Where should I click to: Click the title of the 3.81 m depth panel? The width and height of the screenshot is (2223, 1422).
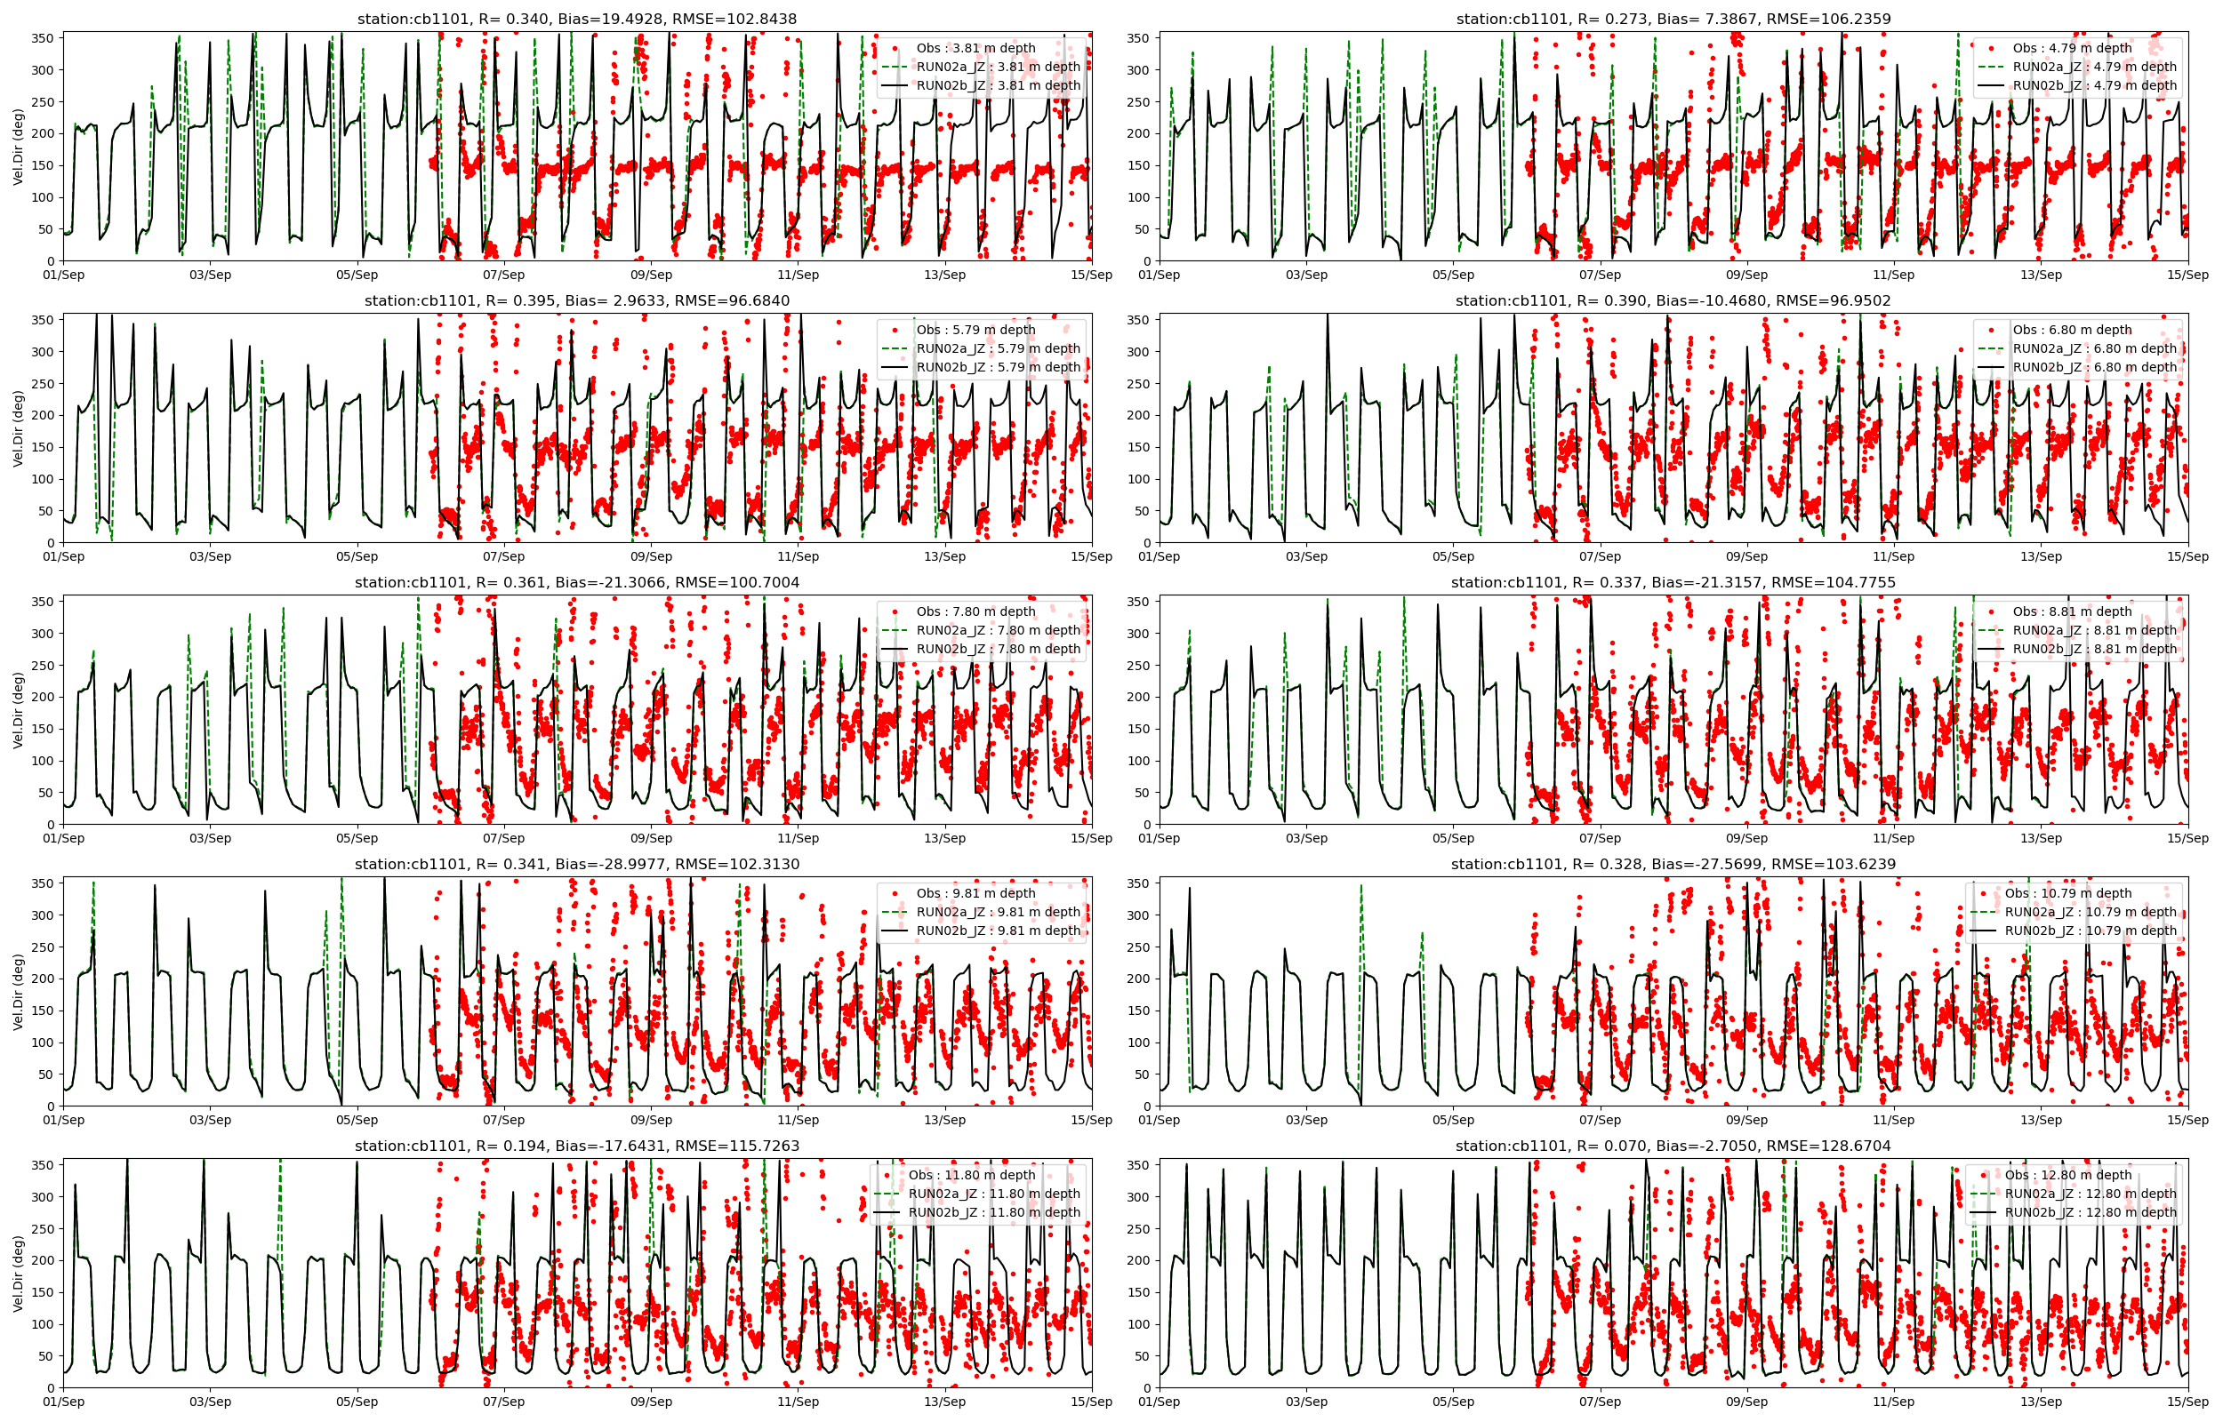point(576,19)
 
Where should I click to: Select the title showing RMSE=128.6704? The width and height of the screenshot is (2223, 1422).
point(1673,1146)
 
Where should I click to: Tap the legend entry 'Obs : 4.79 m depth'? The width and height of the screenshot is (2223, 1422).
point(2073,48)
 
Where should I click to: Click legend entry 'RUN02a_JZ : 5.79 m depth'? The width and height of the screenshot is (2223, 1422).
point(998,348)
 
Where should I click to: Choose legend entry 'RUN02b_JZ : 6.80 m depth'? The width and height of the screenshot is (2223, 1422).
point(2094,366)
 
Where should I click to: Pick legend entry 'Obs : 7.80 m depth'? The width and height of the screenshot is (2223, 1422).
point(975,611)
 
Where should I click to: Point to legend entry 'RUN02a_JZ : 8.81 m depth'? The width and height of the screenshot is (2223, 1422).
point(2094,630)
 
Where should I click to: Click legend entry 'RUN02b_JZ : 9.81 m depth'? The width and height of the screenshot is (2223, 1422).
point(998,930)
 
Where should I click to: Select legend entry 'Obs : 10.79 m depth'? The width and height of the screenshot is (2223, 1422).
point(2068,893)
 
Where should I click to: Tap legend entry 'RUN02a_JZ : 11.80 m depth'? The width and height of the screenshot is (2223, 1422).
point(994,1193)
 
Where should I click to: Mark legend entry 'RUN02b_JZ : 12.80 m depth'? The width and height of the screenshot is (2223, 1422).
point(2090,1211)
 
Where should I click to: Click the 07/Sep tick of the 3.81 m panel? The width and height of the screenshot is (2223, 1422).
point(503,275)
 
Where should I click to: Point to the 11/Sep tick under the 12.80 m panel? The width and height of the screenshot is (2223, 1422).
point(1893,1402)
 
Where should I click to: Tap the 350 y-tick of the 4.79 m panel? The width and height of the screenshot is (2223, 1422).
point(1138,38)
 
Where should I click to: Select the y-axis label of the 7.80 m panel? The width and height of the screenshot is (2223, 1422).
point(19,709)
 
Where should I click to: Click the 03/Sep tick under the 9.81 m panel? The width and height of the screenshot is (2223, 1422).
point(211,1120)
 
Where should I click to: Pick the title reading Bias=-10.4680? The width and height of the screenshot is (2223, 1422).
point(1673,301)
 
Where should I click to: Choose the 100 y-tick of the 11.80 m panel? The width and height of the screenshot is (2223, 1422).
point(43,1324)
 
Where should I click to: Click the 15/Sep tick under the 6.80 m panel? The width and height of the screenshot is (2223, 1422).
point(2187,556)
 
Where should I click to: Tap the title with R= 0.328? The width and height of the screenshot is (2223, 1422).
point(1673,864)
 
